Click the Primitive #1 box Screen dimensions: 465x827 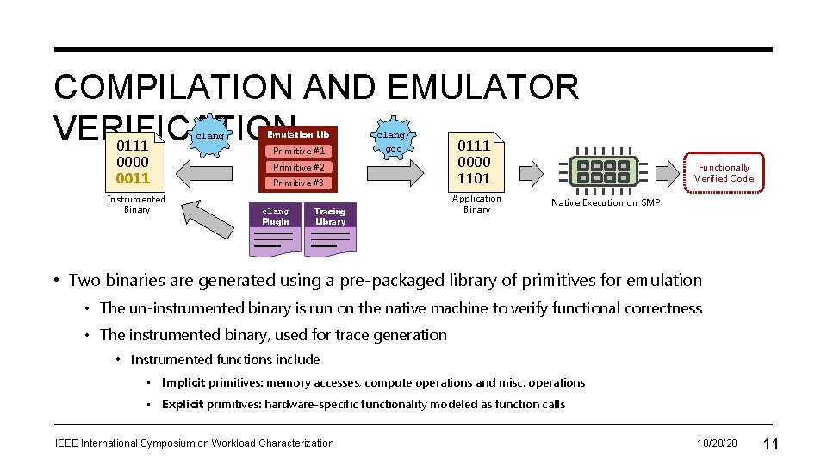298,152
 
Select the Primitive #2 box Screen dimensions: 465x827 298,167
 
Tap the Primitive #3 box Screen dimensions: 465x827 298,183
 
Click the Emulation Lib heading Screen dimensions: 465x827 298,135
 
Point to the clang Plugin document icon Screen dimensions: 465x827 276,229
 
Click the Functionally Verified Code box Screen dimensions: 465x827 724,173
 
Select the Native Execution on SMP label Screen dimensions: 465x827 606,202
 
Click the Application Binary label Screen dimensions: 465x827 476,204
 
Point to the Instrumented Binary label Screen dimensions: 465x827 136,204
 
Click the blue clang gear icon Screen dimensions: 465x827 209,136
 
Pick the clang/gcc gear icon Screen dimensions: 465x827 393,140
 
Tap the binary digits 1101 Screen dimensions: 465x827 474,178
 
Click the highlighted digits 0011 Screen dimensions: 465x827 133,178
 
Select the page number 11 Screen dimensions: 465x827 771,443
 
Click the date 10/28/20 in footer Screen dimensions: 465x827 717,443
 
